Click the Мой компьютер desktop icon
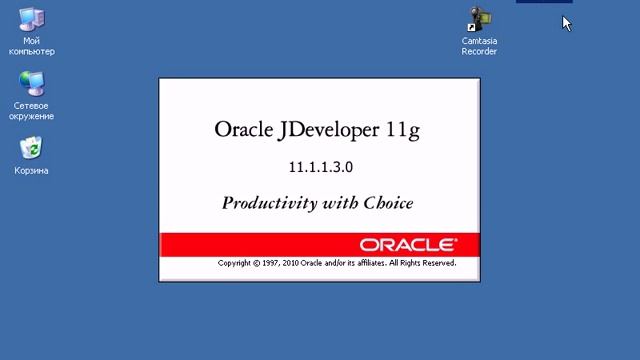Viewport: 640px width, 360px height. click(32, 21)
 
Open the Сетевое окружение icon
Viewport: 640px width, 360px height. click(32, 84)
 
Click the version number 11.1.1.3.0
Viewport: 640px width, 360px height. click(319, 166)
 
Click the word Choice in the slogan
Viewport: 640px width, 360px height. click(384, 203)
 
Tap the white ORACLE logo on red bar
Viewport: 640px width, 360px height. click(408, 244)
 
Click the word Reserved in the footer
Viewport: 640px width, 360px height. click(436, 263)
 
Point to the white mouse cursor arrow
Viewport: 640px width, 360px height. click(567, 22)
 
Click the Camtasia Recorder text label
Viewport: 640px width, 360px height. click(479, 46)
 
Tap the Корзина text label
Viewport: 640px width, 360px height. click(31, 171)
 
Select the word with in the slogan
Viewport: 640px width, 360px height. click(334, 203)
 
